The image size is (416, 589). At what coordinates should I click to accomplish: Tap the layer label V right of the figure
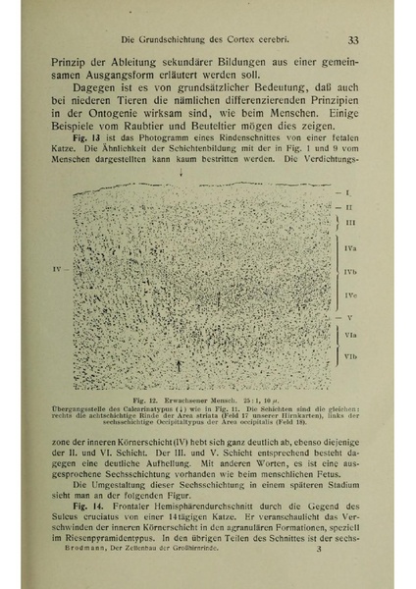(349, 318)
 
